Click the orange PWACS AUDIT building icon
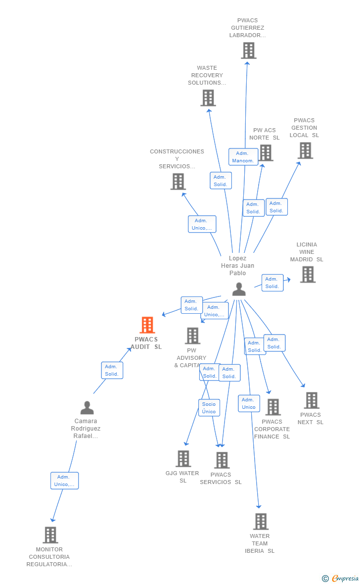coord(147,325)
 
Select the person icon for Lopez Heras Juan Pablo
coord(239,289)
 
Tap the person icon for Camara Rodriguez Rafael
coord(87,408)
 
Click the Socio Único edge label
coord(209,408)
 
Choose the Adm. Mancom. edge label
coord(243,157)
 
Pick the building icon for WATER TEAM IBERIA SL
coord(261,522)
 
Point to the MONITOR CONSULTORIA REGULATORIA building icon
coord(50,535)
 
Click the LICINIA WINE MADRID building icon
coord(308,274)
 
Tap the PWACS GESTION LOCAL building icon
coord(306,150)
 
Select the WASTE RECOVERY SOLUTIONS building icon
coord(208,98)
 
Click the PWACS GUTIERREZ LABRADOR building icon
coord(249,50)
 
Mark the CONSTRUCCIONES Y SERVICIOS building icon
coord(178,182)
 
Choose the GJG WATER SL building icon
coord(183,459)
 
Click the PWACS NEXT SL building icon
coord(311,400)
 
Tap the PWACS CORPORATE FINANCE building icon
coord(273,407)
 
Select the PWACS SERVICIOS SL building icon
coord(222,460)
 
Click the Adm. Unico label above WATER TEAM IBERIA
coord(249,403)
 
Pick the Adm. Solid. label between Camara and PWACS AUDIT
coord(112,370)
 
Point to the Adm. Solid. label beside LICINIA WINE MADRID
coord(272,283)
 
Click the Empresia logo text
coord(345,578)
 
